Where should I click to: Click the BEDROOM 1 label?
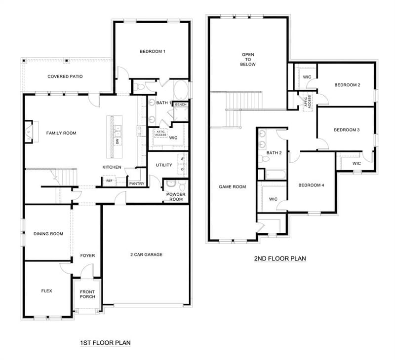(x=153, y=52)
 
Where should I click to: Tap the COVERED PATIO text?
(x=65, y=76)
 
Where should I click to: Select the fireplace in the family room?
(x=29, y=132)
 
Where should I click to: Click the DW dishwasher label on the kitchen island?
(x=117, y=142)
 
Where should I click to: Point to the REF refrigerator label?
(x=109, y=181)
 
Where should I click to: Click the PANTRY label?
(x=137, y=184)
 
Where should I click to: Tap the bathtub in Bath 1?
(x=181, y=90)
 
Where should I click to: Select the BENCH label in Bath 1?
(x=181, y=105)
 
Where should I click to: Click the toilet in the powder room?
(x=182, y=186)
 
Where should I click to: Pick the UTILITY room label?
(x=164, y=165)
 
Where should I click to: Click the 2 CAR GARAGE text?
(x=146, y=254)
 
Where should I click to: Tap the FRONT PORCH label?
(x=87, y=294)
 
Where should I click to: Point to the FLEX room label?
(x=46, y=291)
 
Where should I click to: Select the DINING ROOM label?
(x=48, y=234)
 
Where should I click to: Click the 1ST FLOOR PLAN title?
(x=105, y=343)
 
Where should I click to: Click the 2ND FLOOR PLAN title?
(x=280, y=258)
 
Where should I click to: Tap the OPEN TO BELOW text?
(x=248, y=59)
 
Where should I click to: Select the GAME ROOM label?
(x=232, y=187)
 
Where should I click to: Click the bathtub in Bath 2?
(x=276, y=175)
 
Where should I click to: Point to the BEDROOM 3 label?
(x=347, y=130)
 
